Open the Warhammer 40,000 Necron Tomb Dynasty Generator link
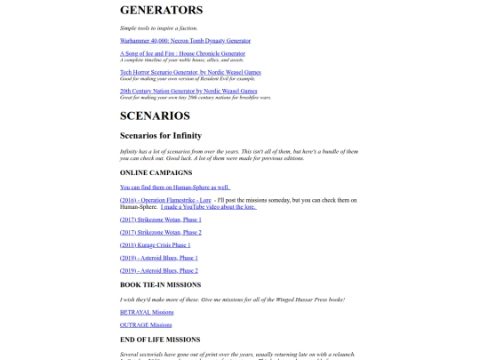tap(186, 40)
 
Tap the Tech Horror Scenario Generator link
tap(190, 71)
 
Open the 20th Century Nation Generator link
tap(188, 90)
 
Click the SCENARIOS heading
tap(155, 116)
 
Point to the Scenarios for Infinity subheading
tap(167, 135)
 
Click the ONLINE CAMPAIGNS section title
tap(156, 172)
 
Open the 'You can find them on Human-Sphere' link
tap(175, 188)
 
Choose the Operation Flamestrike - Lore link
tap(165, 200)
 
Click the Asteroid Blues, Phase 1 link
tap(159, 258)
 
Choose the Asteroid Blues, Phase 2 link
tap(159, 270)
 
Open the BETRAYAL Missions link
tap(147, 312)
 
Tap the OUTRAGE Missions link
tap(146, 325)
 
